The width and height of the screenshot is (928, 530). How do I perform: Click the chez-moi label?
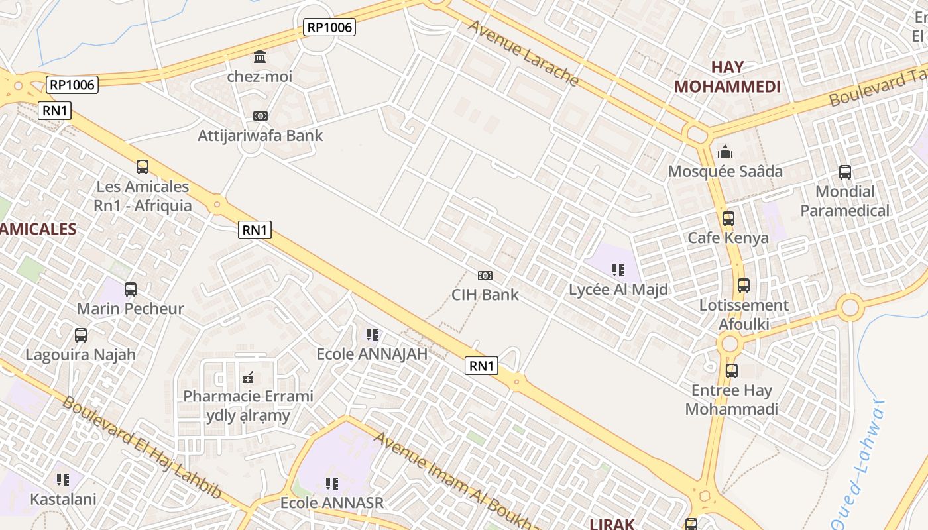(x=260, y=76)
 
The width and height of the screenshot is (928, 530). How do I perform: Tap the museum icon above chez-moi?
(x=260, y=56)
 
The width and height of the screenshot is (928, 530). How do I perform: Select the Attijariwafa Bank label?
(x=260, y=136)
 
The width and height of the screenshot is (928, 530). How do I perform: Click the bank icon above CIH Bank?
(x=485, y=276)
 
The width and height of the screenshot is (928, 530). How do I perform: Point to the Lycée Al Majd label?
(x=618, y=290)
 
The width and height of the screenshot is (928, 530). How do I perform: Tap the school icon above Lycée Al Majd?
(x=618, y=270)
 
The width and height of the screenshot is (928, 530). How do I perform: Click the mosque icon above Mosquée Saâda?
(x=725, y=152)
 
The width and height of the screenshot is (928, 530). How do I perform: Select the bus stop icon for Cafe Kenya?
(x=728, y=218)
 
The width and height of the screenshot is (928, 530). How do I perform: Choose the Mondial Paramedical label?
(x=845, y=201)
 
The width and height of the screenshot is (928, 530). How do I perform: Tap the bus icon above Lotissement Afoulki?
(x=744, y=286)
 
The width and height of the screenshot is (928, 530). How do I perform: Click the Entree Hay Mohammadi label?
(x=732, y=399)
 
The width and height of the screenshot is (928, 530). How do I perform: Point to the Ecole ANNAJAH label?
(x=372, y=354)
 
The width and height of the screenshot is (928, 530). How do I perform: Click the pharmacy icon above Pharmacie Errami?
(x=248, y=378)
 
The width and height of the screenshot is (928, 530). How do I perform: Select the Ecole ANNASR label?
(x=332, y=503)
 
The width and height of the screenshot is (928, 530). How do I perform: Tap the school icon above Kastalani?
(x=63, y=479)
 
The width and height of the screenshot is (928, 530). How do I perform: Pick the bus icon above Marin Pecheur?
(x=131, y=289)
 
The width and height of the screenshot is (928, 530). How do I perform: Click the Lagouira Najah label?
(x=80, y=354)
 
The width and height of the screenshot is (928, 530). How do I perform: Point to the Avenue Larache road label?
(x=524, y=54)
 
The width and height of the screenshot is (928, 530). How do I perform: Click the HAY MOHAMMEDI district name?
(x=727, y=77)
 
